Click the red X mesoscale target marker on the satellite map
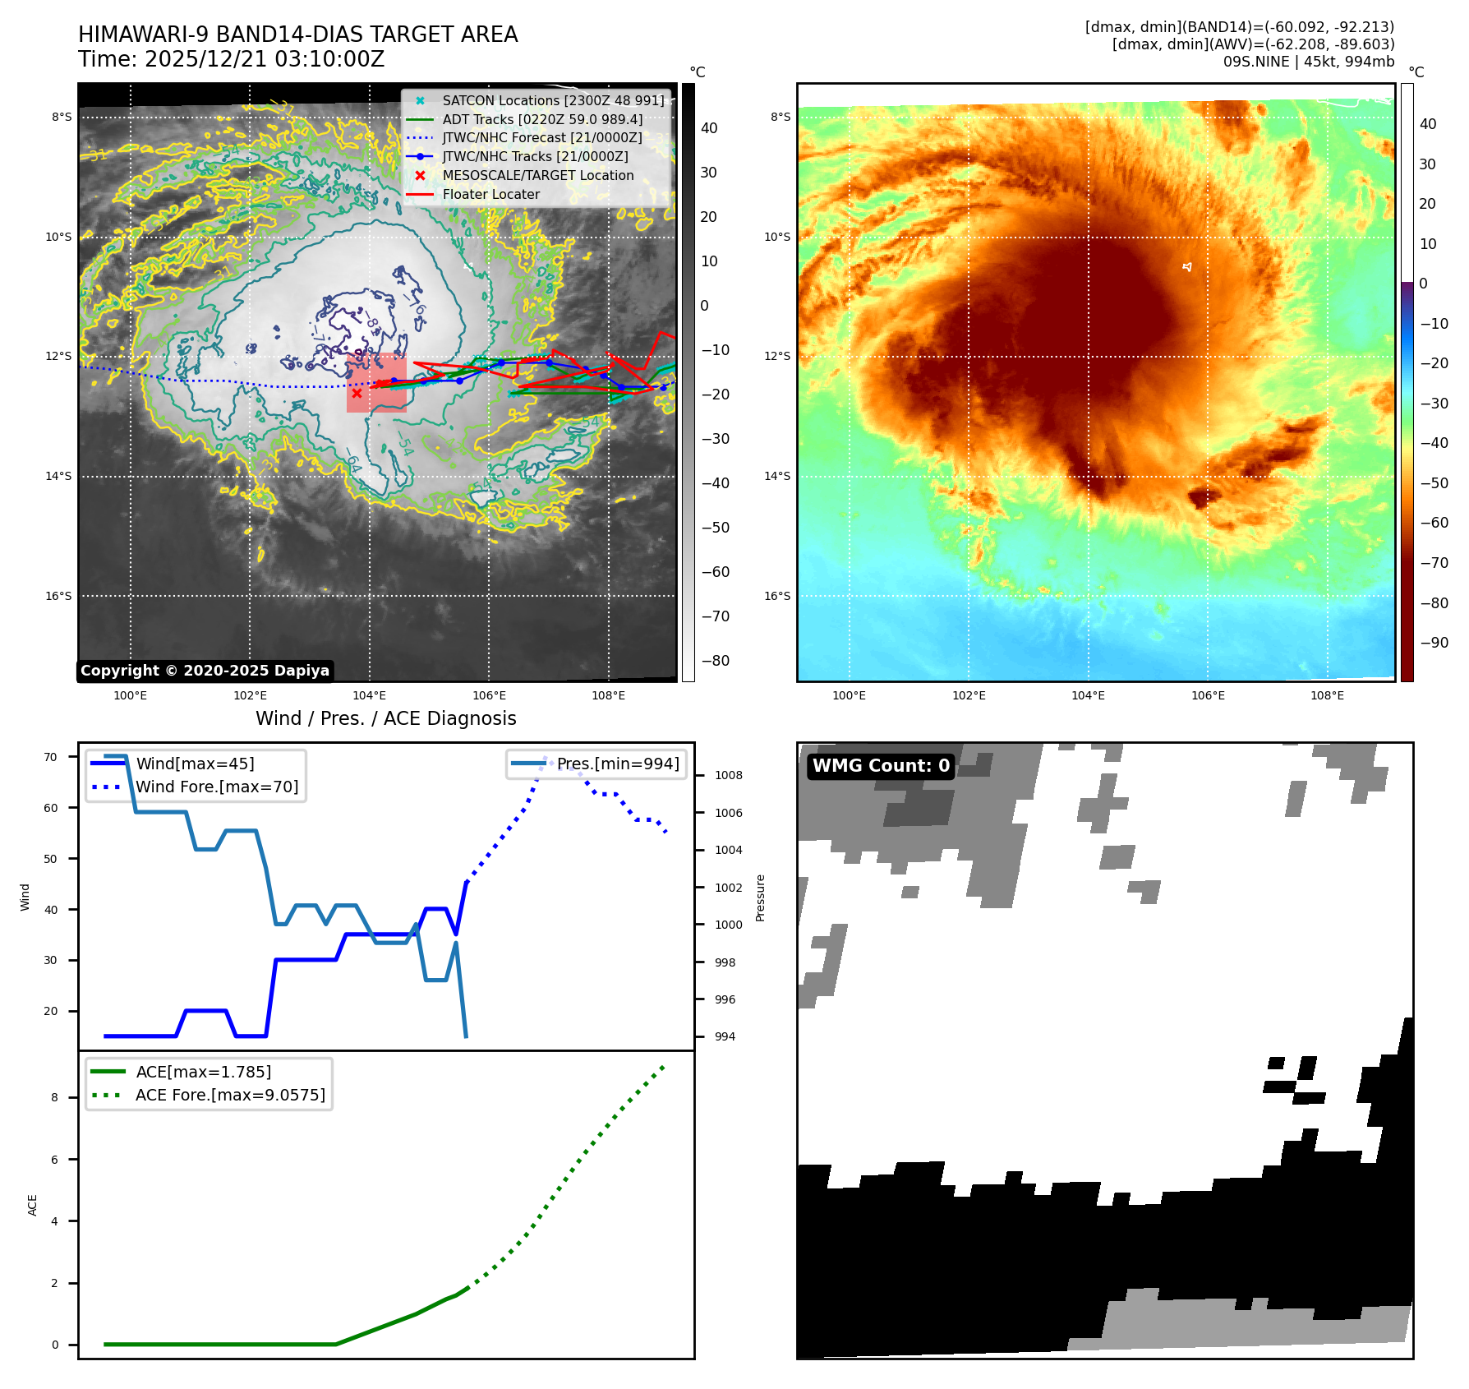point(357,393)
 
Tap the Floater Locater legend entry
point(490,194)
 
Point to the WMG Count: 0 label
point(881,766)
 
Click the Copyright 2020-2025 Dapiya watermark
point(205,671)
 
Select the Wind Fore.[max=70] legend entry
point(217,787)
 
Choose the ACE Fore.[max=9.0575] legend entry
point(230,1095)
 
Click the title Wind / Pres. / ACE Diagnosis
point(386,718)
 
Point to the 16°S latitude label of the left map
point(58,596)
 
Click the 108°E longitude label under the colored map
point(1327,695)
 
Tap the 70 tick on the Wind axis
point(51,757)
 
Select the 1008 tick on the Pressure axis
point(728,775)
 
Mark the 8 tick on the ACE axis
point(55,1097)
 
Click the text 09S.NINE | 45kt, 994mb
point(1308,62)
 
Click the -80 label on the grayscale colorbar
point(715,660)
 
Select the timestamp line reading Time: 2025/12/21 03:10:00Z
point(231,59)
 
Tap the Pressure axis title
point(760,898)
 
